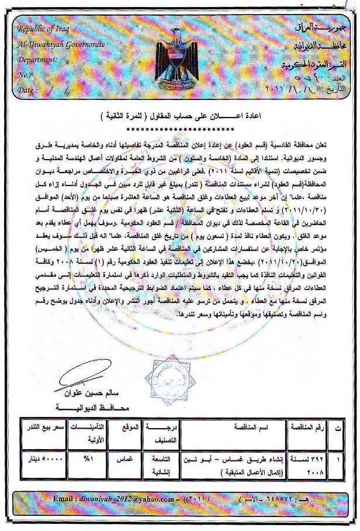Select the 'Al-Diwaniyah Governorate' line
(x=53, y=44)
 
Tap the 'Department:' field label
(x=37, y=59)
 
